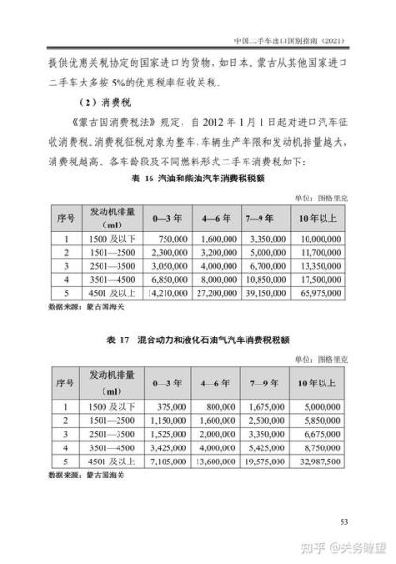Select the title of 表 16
(198, 179)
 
